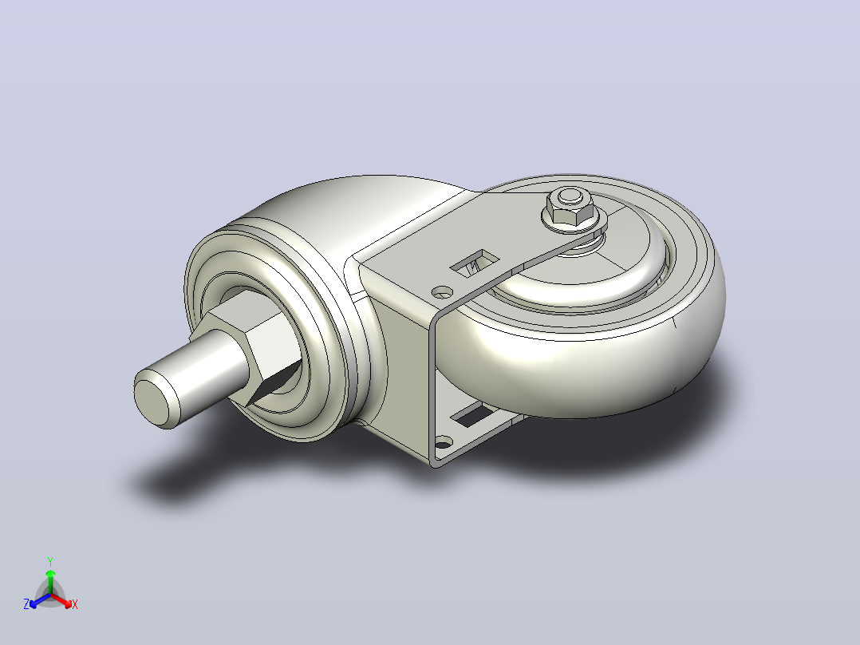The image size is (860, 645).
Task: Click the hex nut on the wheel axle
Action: [571, 212]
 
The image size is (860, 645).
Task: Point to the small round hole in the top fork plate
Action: [442, 292]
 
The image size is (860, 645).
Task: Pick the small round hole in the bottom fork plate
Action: [444, 441]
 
